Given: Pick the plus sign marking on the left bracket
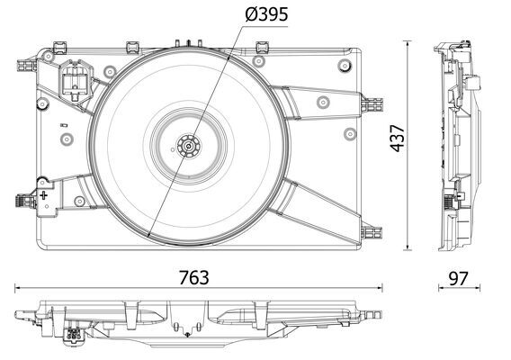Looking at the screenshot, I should click(43, 193).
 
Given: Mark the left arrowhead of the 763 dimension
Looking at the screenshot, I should click(18, 289).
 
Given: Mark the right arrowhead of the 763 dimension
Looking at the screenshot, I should click(380, 289).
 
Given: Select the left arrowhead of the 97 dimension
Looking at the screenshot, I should click(441, 289).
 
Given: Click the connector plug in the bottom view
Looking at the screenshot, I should click(73, 337).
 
